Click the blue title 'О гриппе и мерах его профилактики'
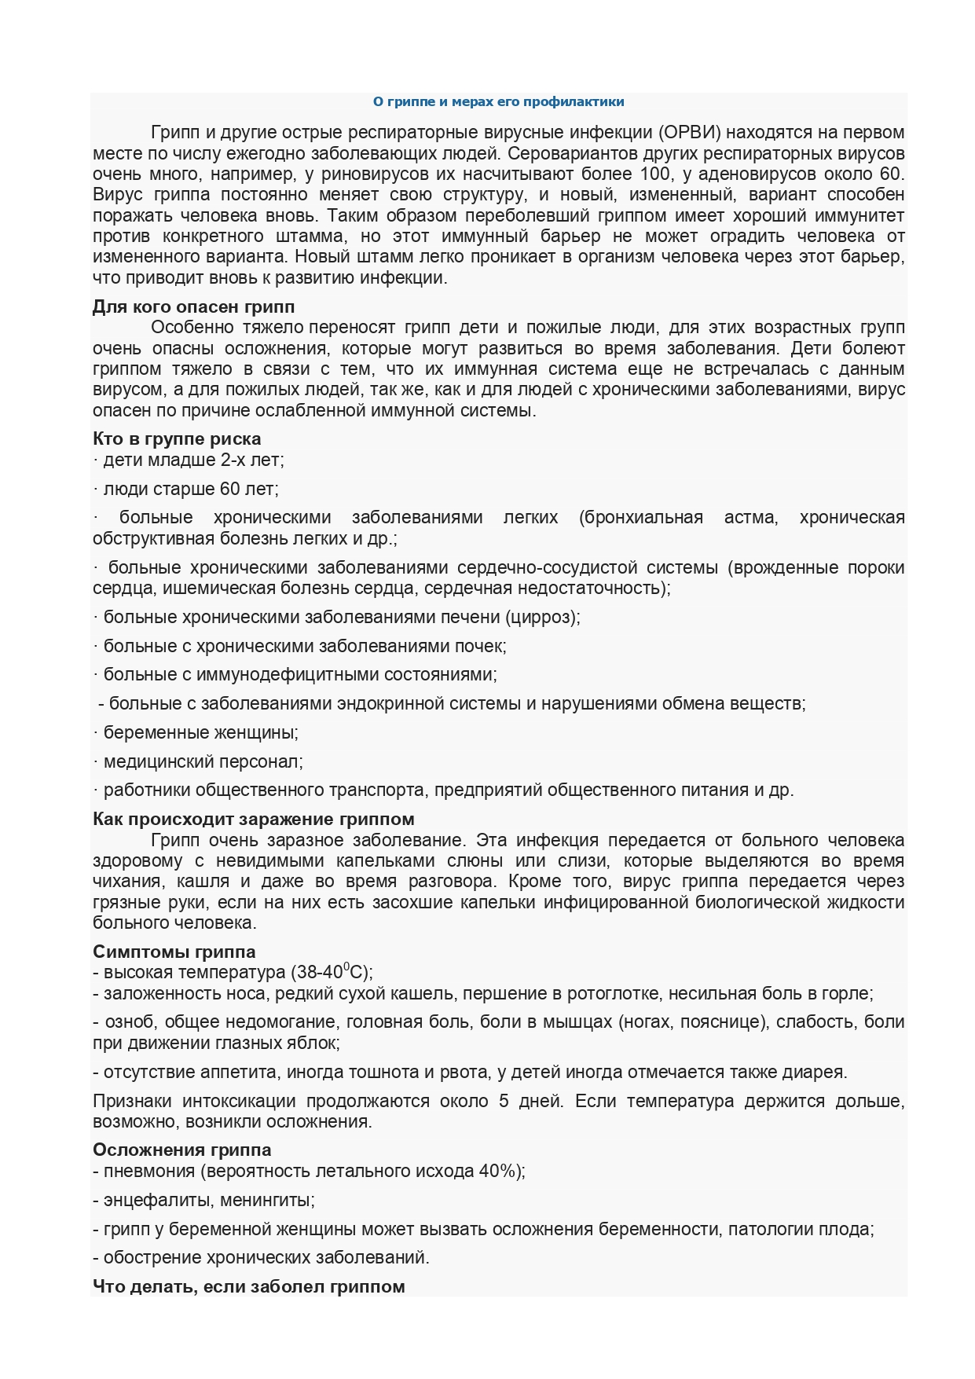[498, 101]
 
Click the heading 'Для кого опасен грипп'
[193, 306]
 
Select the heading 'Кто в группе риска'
[177, 438]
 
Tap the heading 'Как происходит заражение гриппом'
[254, 820]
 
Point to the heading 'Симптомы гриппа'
[174, 952]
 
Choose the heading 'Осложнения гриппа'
[182, 1150]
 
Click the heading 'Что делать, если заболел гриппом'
[249, 1286]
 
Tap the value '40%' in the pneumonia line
[499, 1171]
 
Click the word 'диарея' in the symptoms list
[817, 1072]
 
